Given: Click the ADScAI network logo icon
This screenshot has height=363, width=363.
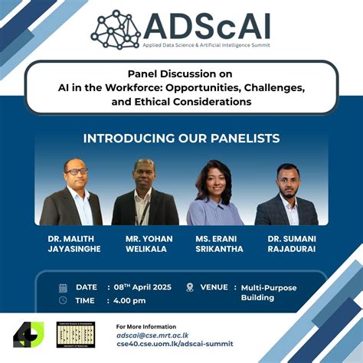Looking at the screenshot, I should (x=115, y=29).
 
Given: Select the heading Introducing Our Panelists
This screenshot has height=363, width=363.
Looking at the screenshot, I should (x=181, y=139).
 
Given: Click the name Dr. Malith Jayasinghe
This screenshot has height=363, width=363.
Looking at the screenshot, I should (x=71, y=244).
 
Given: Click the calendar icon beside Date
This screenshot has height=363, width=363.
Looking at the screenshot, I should (x=63, y=288).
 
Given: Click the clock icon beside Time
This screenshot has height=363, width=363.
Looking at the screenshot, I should (x=63, y=300).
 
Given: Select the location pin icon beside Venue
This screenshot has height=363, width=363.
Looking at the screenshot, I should (x=189, y=287).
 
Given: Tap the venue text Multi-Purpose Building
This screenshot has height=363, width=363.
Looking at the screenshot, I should (x=268, y=293).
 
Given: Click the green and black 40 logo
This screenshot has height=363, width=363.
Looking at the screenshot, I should (x=28, y=334).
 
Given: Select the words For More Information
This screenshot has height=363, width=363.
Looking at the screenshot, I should (x=146, y=326).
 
